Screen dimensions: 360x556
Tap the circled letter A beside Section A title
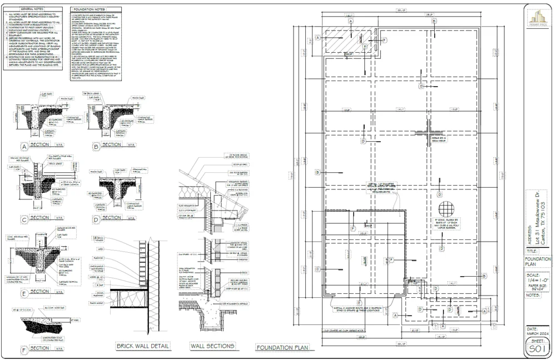24,147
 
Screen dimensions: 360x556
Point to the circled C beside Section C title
24,219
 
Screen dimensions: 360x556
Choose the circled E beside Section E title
24,293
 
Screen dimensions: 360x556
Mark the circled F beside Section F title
24,349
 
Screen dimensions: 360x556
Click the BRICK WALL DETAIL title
142,346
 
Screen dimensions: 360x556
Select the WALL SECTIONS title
212,346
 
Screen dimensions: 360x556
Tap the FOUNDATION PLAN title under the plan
282,348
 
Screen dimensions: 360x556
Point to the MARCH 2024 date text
537,332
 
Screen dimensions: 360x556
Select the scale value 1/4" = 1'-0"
537,282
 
